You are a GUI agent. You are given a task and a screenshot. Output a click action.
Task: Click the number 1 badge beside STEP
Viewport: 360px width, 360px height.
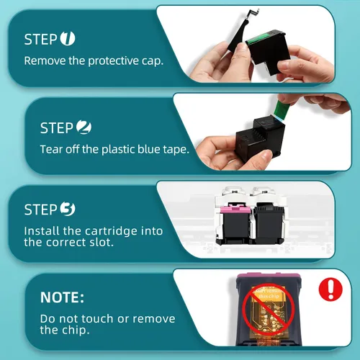pos(68,38)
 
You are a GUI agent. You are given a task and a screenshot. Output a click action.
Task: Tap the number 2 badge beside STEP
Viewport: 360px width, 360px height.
pos(84,127)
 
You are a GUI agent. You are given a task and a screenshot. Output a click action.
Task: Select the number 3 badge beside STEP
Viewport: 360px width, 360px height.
pos(68,209)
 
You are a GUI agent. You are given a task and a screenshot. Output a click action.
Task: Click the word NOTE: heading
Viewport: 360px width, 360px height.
pos(62,297)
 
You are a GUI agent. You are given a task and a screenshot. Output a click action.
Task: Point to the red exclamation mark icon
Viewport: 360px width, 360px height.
pos(330,289)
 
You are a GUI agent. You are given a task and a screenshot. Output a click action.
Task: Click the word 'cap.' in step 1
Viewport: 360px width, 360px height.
pos(153,61)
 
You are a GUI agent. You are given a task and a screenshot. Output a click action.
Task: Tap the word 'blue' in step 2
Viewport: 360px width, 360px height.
pos(149,149)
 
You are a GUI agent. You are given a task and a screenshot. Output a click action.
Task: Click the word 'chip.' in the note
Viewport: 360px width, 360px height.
pos(76,330)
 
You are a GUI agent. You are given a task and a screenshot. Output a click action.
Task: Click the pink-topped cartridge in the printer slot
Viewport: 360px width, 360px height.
pos(234,222)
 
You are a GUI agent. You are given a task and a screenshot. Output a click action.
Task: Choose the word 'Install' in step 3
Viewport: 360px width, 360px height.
pos(42,231)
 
